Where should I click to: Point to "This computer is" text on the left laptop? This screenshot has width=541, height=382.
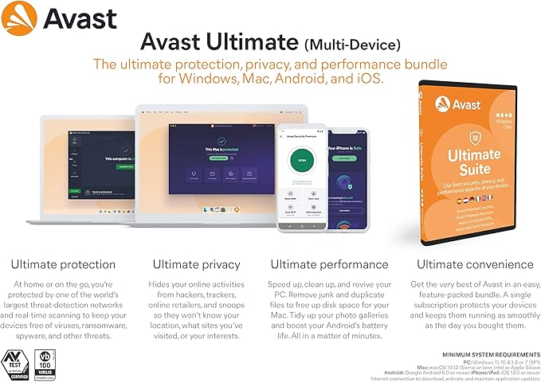point(96,159)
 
